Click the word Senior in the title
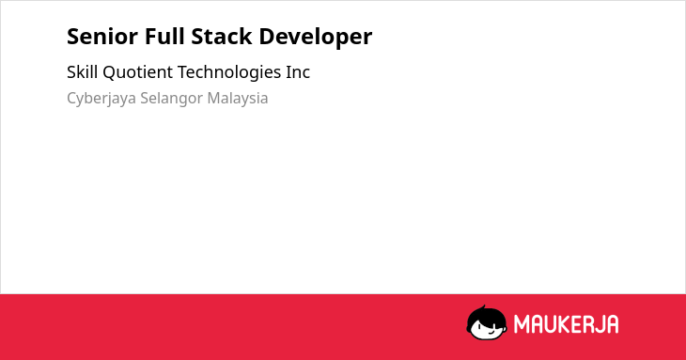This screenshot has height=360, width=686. click(102, 37)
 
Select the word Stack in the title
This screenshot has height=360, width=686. click(222, 36)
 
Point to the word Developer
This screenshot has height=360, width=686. click(316, 38)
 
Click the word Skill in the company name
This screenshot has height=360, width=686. click(82, 71)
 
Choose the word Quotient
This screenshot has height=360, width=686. click(138, 72)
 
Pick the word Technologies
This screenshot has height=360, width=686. click(229, 72)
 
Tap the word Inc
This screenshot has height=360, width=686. click(298, 72)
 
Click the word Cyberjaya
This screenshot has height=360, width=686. click(101, 99)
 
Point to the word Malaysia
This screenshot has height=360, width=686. click(238, 99)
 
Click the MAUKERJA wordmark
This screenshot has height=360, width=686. click(566, 324)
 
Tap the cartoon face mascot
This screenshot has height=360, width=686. click(487, 322)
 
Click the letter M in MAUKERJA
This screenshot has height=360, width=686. click(522, 324)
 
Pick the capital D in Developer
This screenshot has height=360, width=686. click(267, 37)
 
